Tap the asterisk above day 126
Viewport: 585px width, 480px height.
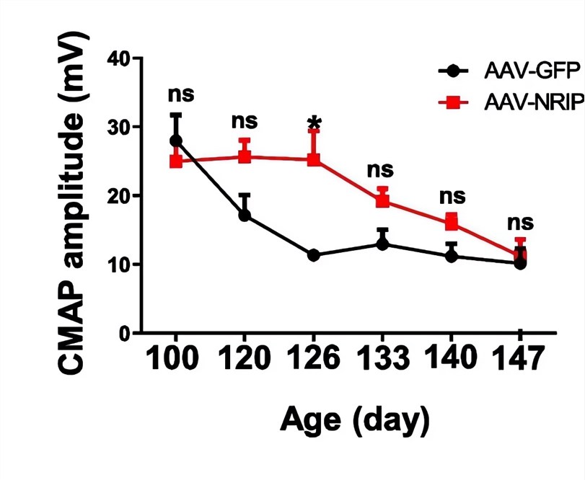click(x=314, y=123)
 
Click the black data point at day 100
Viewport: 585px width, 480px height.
click(x=175, y=141)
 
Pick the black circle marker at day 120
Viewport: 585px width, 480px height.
click(x=245, y=215)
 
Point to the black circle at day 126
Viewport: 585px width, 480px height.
click(x=314, y=255)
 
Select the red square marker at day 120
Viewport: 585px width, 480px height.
click(x=245, y=156)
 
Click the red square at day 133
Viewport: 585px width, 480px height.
click(x=383, y=200)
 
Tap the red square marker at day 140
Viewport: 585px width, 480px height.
click(x=451, y=222)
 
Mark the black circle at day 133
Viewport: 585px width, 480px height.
click(x=383, y=244)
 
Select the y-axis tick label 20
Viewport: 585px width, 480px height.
click(x=120, y=196)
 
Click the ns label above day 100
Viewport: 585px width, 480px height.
click(x=181, y=94)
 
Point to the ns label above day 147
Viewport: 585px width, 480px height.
click(x=519, y=221)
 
